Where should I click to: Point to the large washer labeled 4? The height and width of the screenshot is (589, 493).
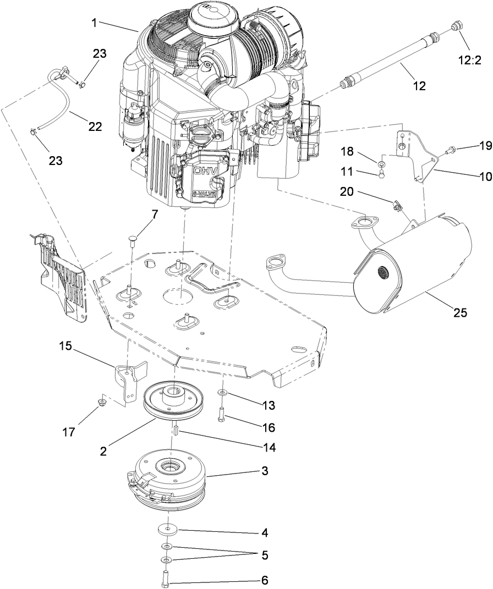point(167,529)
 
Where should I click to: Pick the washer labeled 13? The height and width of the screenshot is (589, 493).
point(222,392)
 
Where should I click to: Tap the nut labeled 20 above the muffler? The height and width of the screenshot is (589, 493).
point(397,206)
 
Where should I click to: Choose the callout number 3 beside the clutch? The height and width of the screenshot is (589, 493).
point(265,471)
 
